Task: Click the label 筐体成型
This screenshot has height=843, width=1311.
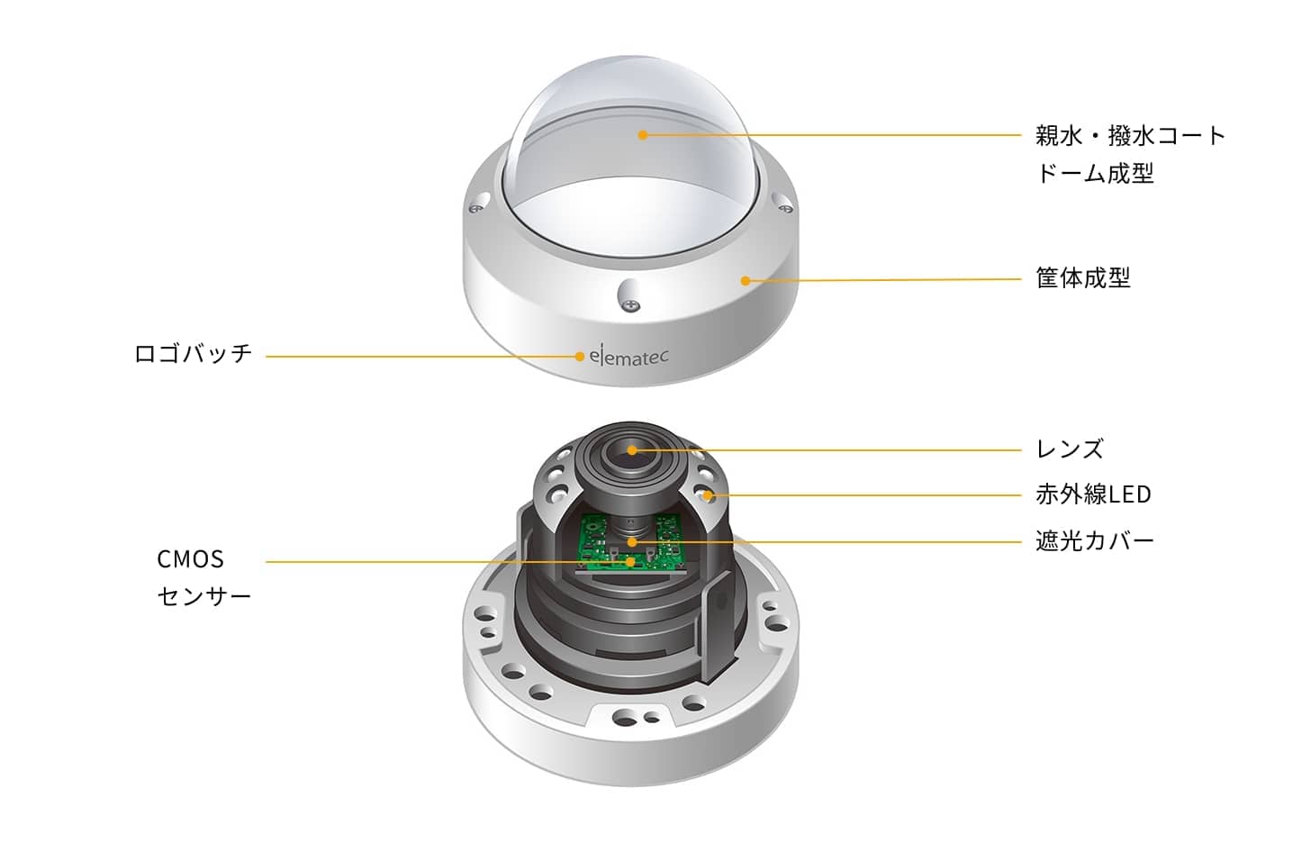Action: coord(1082,277)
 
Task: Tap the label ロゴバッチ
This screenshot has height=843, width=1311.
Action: coord(193,354)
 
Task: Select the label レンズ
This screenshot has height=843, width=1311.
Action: coord(1070,449)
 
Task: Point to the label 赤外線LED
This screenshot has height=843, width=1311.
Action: coord(1093,494)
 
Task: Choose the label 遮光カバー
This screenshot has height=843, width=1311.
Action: coord(1095,540)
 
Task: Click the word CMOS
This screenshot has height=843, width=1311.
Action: coord(190,559)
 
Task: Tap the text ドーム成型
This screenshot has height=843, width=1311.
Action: coord(1095,173)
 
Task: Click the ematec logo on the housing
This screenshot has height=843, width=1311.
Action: coord(628,356)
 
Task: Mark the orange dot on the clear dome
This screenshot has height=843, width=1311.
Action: coord(643,135)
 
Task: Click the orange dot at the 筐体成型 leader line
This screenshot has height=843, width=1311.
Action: coord(745,281)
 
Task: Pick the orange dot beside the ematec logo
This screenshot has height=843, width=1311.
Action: coord(580,356)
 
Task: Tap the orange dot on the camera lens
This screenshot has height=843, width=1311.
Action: coord(632,450)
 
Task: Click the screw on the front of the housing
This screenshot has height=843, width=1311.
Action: coord(631,304)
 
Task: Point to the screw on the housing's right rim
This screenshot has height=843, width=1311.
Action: coord(787,208)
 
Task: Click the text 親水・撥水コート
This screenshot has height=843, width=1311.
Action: coord(1130,136)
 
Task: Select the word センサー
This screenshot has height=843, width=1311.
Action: coord(204,596)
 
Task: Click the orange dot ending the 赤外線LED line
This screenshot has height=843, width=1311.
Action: coord(708,496)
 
